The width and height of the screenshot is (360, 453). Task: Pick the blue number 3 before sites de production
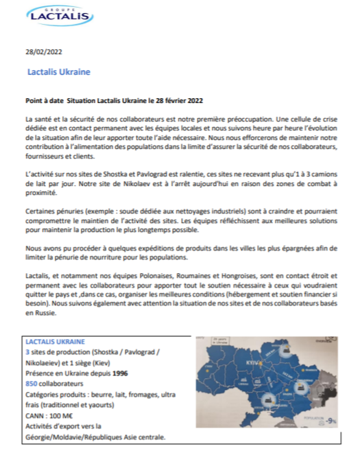[x=26, y=351]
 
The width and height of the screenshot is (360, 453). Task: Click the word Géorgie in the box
[x=40, y=438]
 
